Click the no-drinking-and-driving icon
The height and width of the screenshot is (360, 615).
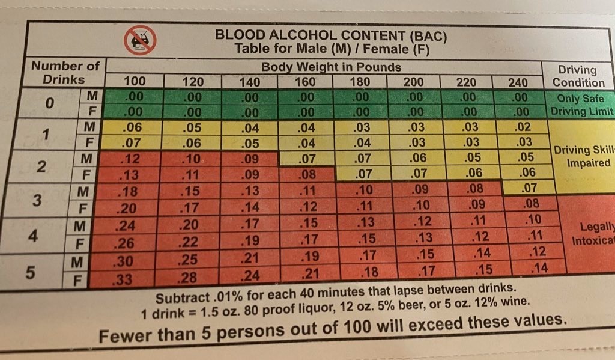(141, 40)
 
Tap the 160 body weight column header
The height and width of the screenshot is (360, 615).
(304, 82)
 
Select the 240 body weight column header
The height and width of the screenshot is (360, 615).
(518, 82)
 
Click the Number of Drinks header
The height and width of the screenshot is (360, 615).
(65, 72)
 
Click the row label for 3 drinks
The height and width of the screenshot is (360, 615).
(37, 200)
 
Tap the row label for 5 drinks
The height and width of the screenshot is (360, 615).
(30, 272)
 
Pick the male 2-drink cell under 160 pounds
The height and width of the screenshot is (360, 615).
(306, 159)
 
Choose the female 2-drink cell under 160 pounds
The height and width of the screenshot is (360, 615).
(306, 174)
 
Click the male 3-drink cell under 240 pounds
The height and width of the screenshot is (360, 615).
(528, 188)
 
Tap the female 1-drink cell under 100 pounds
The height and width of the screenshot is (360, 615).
(132, 142)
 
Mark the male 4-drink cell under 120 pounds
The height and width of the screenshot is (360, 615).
(189, 225)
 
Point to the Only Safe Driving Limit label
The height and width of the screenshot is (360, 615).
(581, 105)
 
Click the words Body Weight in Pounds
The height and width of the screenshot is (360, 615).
(331, 67)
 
